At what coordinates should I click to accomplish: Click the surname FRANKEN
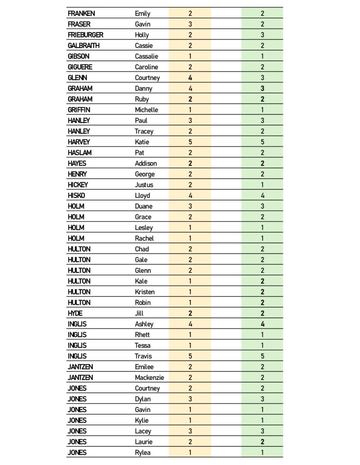pyautogui.click(x=81, y=14)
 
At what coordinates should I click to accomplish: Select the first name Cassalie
pyautogui.click(x=146, y=56)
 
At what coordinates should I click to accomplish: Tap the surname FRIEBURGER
pyautogui.click(x=85, y=35)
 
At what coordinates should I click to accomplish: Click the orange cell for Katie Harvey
pyautogui.click(x=190, y=142)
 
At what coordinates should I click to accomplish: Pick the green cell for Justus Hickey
pyautogui.click(x=262, y=185)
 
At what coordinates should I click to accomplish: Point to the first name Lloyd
pyautogui.click(x=142, y=196)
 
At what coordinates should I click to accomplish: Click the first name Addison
pyautogui.click(x=146, y=163)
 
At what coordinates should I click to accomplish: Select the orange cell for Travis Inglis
pyautogui.click(x=190, y=356)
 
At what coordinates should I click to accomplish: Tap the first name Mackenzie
pyautogui.click(x=150, y=378)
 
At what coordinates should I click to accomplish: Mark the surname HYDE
pyautogui.click(x=75, y=313)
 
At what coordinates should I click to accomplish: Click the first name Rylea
pyautogui.click(x=143, y=453)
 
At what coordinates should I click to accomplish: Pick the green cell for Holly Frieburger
pyautogui.click(x=262, y=35)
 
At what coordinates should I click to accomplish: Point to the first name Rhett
pyautogui.click(x=142, y=335)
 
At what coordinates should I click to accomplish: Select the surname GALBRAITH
pyautogui.click(x=84, y=45)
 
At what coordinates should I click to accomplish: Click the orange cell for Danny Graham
pyautogui.click(x=190, y=89)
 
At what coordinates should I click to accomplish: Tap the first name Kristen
pyautogui.click(x=145, y=292)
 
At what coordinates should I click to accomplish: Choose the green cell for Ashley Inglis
pyautogui.click(x=262, y=324)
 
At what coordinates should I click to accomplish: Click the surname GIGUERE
pyautogui.click(x=80, y=67)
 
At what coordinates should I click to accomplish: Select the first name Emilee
pyautogui.click(x=144, y=367)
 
